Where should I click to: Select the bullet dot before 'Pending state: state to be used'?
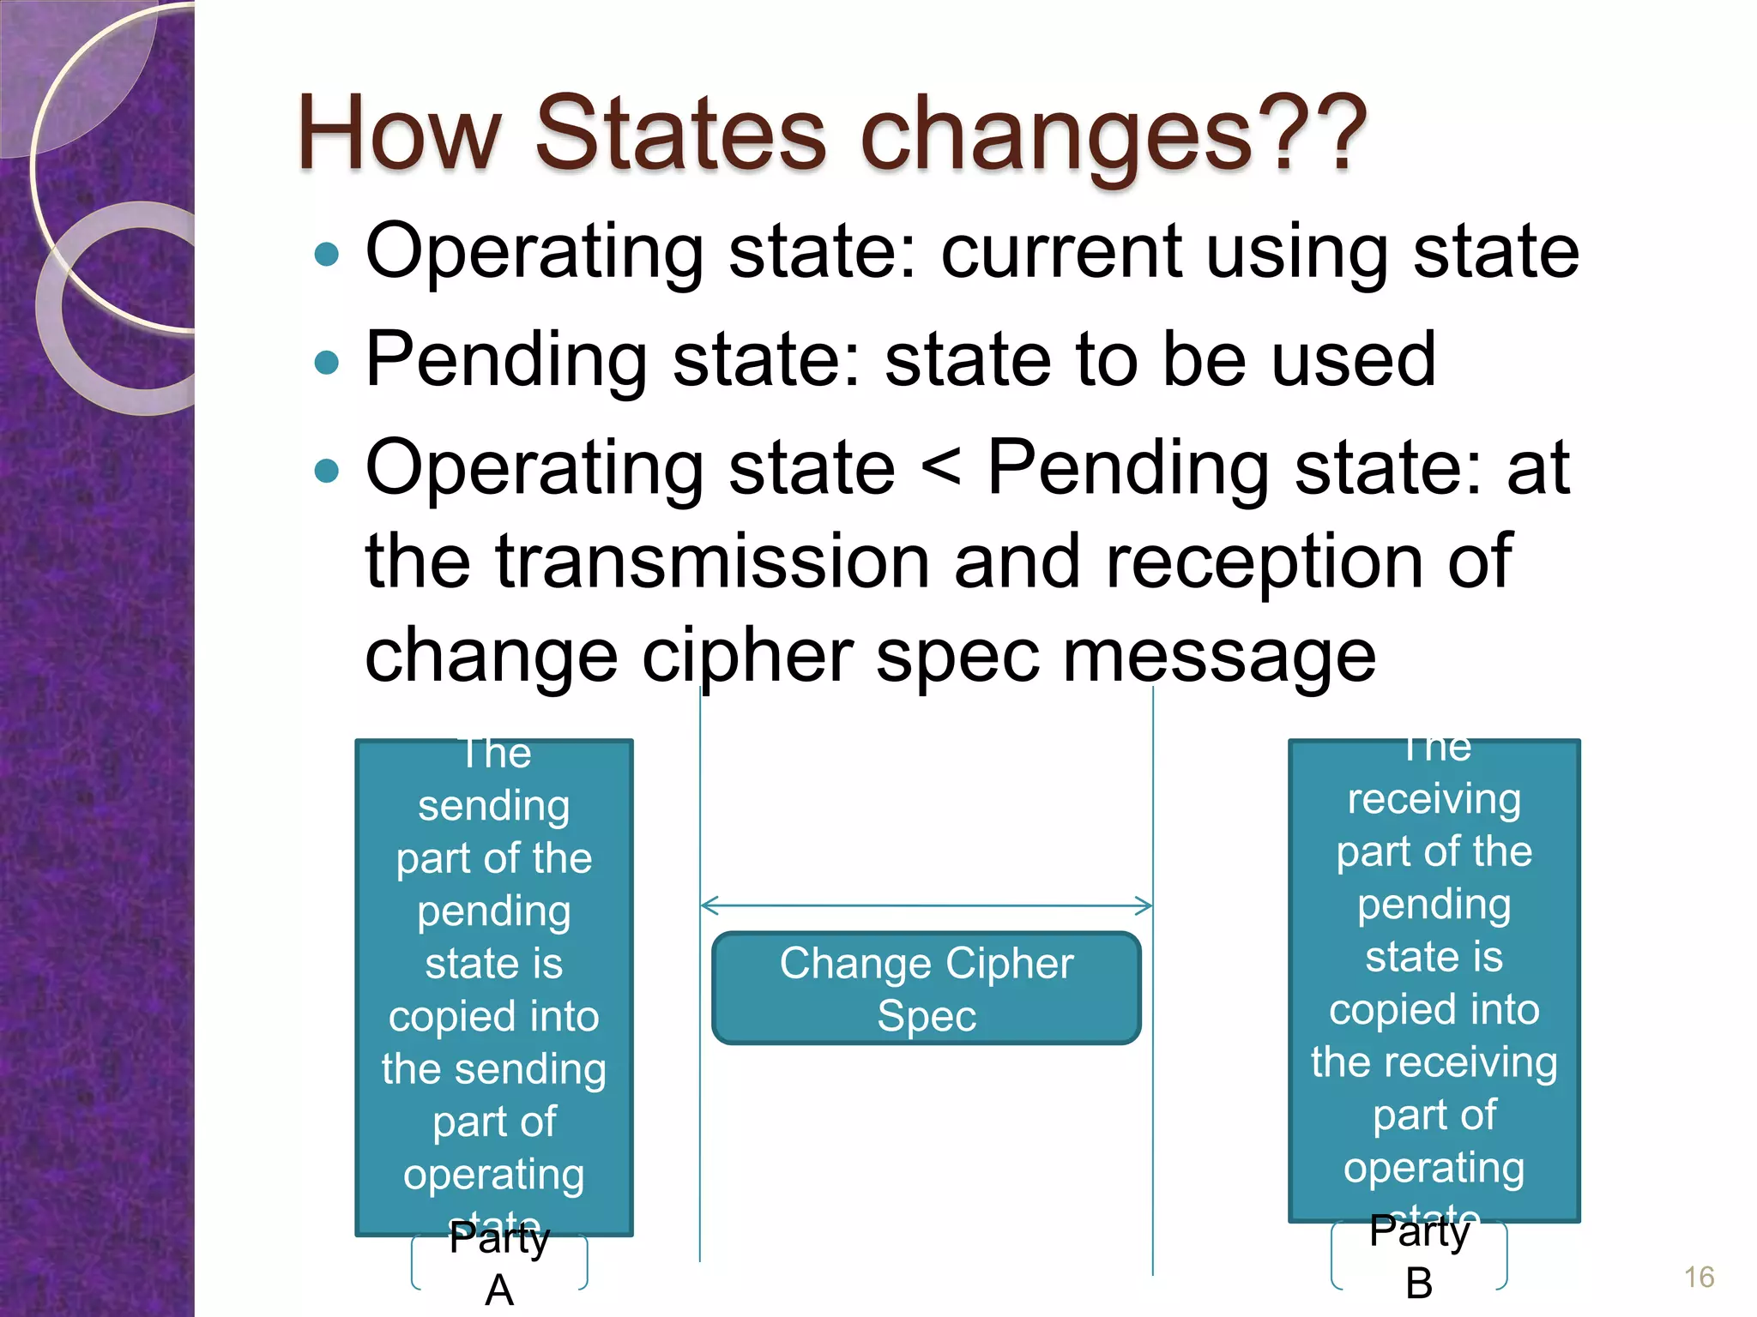(x=327, y=363)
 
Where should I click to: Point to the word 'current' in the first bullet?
(x=1060, y=252)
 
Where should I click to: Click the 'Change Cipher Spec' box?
(x=926, y=988)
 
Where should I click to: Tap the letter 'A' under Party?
(x=499, y=1290)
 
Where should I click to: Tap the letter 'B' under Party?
(x=1419, y=1284)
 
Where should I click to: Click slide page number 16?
(x=1698, y=1277)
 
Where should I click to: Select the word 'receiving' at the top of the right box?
(x=1434, y=799)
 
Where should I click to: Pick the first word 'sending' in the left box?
(x=493, y=806)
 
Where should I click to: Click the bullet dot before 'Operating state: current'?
(x=327, y=254)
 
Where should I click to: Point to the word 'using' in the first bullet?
(x=1296, y=252)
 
